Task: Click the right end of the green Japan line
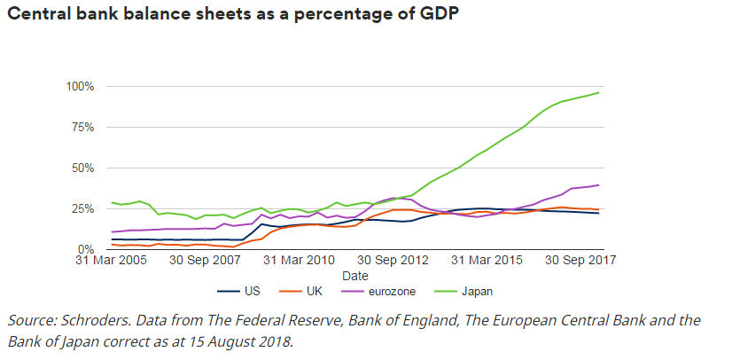tap(598, 93)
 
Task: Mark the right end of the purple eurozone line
tap(598, 185)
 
